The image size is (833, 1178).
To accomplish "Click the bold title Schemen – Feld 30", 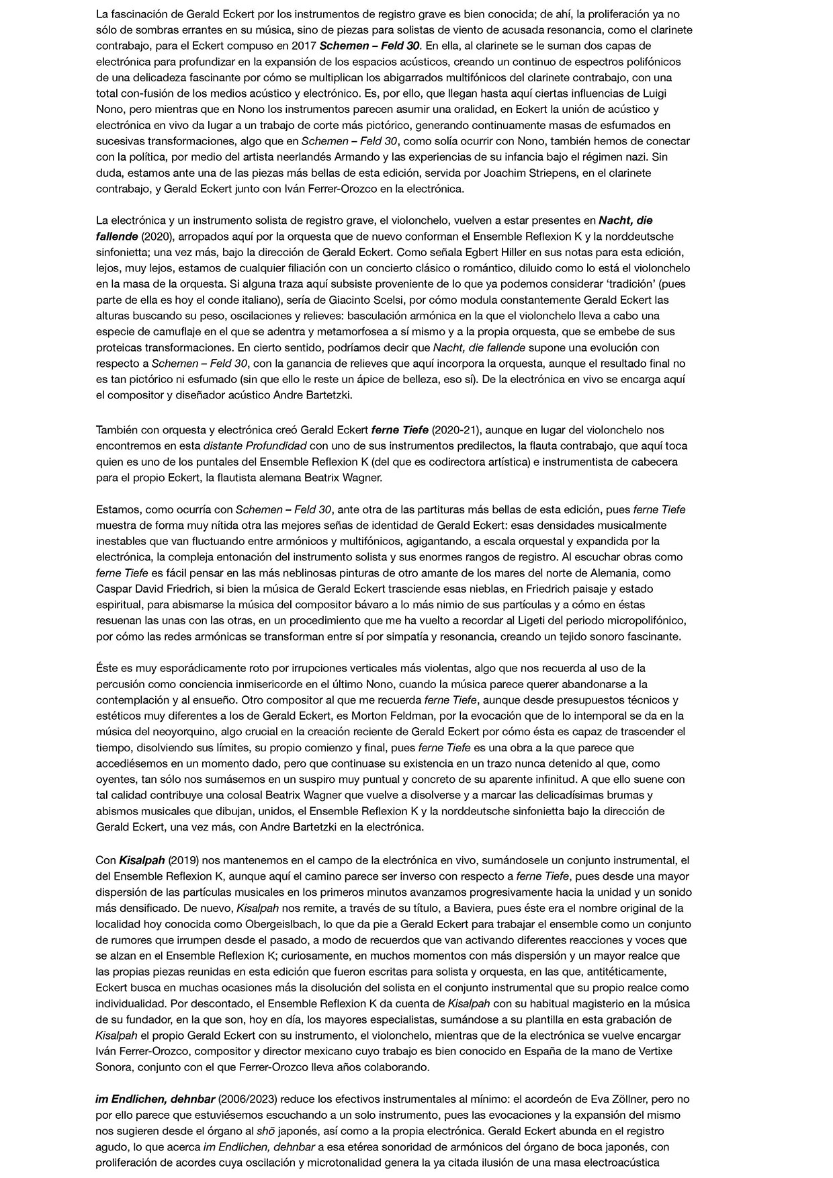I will click(369, 46).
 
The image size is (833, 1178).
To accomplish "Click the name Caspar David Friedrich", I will click(152, 589).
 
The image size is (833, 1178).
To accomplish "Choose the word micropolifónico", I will click(642, 620).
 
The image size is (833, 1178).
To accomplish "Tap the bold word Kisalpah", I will click(142, 860).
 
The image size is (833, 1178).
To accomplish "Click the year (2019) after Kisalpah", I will click(180, 860).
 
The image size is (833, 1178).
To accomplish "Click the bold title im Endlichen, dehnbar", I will click(155, 1099).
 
